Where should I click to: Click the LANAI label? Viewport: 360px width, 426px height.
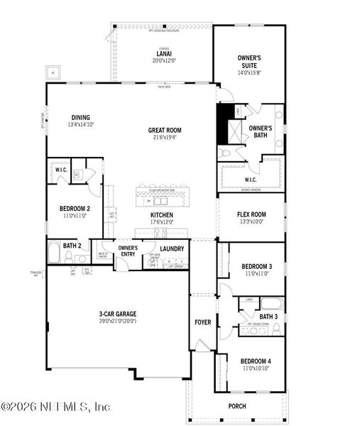pyautogui.click(x=162, y=53)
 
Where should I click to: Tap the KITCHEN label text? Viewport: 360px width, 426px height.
pyautogui.click(x=162, y=214)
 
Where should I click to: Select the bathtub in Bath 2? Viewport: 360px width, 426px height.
pyautogui.click(x=55, y=254)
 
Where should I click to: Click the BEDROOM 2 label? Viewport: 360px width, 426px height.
pyautogui.click(x=75, y=208)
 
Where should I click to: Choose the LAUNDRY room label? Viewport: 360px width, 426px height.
pyautogui.click(x=172, y=248)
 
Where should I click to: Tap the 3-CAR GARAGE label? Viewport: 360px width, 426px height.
pyautogui.click(x=118, y=314)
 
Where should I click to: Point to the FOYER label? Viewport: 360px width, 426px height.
pyautogui.click(x=203, y=322)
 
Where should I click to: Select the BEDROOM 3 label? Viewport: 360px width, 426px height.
pyautogui.click(x=252, y=266)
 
